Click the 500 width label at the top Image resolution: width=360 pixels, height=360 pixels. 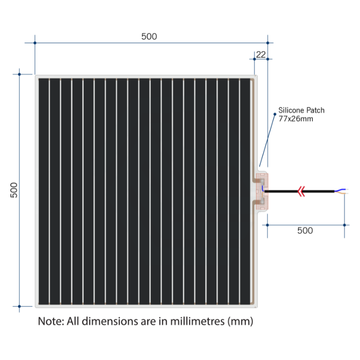(x=149, y=36)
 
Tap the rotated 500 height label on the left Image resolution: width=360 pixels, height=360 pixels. (x=14, y=190)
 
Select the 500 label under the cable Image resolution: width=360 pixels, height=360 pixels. (x=305, y=230)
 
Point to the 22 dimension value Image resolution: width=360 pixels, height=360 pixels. (x=261, y=54)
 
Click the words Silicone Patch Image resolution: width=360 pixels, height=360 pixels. (x=301, y=110)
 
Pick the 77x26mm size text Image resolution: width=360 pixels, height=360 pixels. (x=296, y=119)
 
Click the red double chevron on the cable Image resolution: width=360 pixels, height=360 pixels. (x=301, y=191)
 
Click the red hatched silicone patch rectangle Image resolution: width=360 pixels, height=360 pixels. (x=262, y=192)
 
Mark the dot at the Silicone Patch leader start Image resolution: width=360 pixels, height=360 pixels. (x=275, y=114)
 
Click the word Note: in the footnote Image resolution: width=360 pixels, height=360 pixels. (x=51, y=321)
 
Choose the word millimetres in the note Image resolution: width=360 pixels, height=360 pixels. (x=197, y=321)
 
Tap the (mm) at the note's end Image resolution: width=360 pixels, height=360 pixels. (x=240, y=321)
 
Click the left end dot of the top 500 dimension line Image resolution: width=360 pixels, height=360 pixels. (x=35, y=43)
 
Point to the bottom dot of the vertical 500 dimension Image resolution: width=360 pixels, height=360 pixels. (x=19, y=306)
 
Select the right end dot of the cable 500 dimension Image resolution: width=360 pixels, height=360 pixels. (x=344, y=225)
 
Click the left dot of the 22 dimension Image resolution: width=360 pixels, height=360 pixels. (x=254, y=59)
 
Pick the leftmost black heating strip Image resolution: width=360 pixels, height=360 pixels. (x=44, y=192)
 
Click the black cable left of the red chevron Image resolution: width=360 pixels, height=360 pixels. (x=281, y=191)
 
